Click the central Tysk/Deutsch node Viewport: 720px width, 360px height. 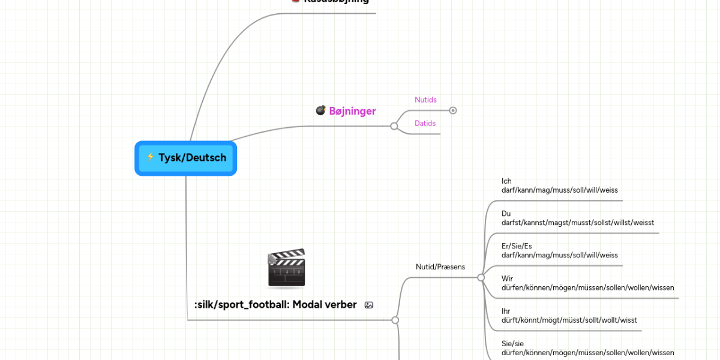coord(186,158)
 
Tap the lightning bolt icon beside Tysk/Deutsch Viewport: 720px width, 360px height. coord(150,157)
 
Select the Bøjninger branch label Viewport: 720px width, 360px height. coord(352,111)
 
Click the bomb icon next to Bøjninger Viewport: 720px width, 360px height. coord(321,110)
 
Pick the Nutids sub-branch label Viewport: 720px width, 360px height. coord(425,100)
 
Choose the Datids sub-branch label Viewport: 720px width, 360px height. coord(425,124)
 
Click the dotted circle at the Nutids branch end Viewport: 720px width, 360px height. coord(453,110)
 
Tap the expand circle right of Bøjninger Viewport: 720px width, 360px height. coord(394,126)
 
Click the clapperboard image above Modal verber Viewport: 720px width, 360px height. coord(286,269)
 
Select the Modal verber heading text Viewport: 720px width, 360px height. coord(275,305)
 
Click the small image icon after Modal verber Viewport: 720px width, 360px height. coord(369,305)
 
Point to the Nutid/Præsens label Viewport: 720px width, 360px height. coord(440,267)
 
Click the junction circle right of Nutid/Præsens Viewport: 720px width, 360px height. coord(481,278)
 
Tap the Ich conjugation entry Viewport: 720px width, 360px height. coord(559,186)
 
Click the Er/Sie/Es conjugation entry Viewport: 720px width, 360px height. coord(559,251)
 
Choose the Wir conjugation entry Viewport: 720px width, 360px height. coord(587,283)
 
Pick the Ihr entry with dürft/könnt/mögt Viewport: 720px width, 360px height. coord(569,316)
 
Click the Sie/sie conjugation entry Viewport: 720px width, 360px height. coord(587,348)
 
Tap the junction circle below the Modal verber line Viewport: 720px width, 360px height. coord(395,320)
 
